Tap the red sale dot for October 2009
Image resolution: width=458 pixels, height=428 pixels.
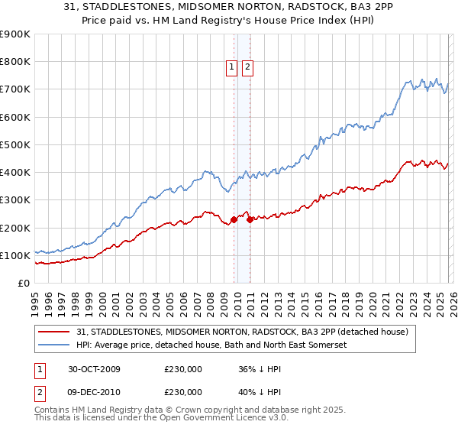(x=234, y=220)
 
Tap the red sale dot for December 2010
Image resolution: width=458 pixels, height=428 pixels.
(x=250, y=220)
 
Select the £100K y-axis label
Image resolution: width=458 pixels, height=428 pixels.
(x=15, y=255)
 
